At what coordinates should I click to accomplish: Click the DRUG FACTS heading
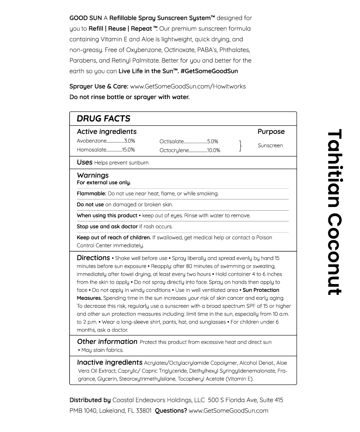103,118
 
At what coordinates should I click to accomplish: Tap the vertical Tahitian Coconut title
334,212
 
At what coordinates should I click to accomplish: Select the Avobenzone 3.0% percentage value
130,141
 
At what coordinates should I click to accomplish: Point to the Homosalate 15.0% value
129,150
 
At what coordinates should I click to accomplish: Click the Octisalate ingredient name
171,141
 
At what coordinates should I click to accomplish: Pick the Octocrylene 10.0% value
213,150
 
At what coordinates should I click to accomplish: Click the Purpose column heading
271,132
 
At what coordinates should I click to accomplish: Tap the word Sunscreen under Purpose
270,145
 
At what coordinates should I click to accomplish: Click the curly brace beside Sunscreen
240,146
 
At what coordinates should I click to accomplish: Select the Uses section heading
85,162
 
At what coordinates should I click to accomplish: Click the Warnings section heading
93,175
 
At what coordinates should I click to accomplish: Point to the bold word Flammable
91,194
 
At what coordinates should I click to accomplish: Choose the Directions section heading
93,258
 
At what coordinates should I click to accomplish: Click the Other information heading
107,342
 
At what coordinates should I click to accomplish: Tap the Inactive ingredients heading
109,363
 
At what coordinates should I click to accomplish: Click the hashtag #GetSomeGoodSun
209,71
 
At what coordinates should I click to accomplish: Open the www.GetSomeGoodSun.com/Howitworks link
188,86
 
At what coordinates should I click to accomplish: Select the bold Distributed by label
90,400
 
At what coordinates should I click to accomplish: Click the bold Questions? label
171,410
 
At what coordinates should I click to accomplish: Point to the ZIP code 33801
144,410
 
